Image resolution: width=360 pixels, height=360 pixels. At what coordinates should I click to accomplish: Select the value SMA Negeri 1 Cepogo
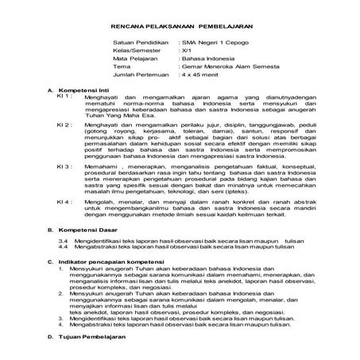(x=203, y=38)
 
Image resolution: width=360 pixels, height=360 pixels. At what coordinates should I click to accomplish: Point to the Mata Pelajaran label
(x=115, y=58)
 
